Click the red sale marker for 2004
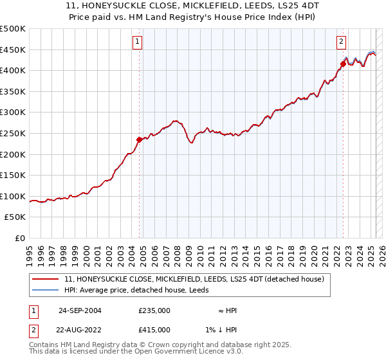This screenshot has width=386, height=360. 139,139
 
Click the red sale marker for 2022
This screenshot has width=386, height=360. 343,63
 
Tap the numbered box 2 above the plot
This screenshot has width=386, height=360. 341,42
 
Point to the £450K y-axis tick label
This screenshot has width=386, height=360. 13,50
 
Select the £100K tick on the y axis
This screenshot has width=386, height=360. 13,196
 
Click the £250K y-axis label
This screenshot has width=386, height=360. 13,133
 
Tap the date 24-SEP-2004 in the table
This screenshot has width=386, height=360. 80,310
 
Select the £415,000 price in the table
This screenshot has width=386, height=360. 154,329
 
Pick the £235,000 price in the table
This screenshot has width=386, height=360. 154,310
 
